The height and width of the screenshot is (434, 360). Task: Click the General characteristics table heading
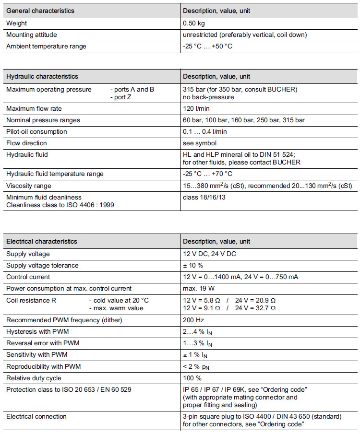(40, 11)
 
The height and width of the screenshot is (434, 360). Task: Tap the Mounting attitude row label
(31, 35)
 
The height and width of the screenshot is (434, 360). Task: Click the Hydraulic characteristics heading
(42, 76)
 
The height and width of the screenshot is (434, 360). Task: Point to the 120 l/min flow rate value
(196, 108)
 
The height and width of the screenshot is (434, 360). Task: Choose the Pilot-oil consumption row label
(36, 131)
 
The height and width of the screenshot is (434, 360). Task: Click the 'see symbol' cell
(199, 143)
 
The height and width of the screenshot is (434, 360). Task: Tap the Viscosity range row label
(28, 186)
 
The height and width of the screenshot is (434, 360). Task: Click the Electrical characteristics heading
(42, 241)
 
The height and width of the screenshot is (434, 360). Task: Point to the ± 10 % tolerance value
(193, 265)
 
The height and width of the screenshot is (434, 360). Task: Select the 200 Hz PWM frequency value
(193, 320)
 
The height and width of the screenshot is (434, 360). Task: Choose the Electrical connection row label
(36, 416)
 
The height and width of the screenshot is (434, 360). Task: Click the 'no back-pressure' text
(208, 97)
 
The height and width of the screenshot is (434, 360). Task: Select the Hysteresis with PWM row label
(35, 331)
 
